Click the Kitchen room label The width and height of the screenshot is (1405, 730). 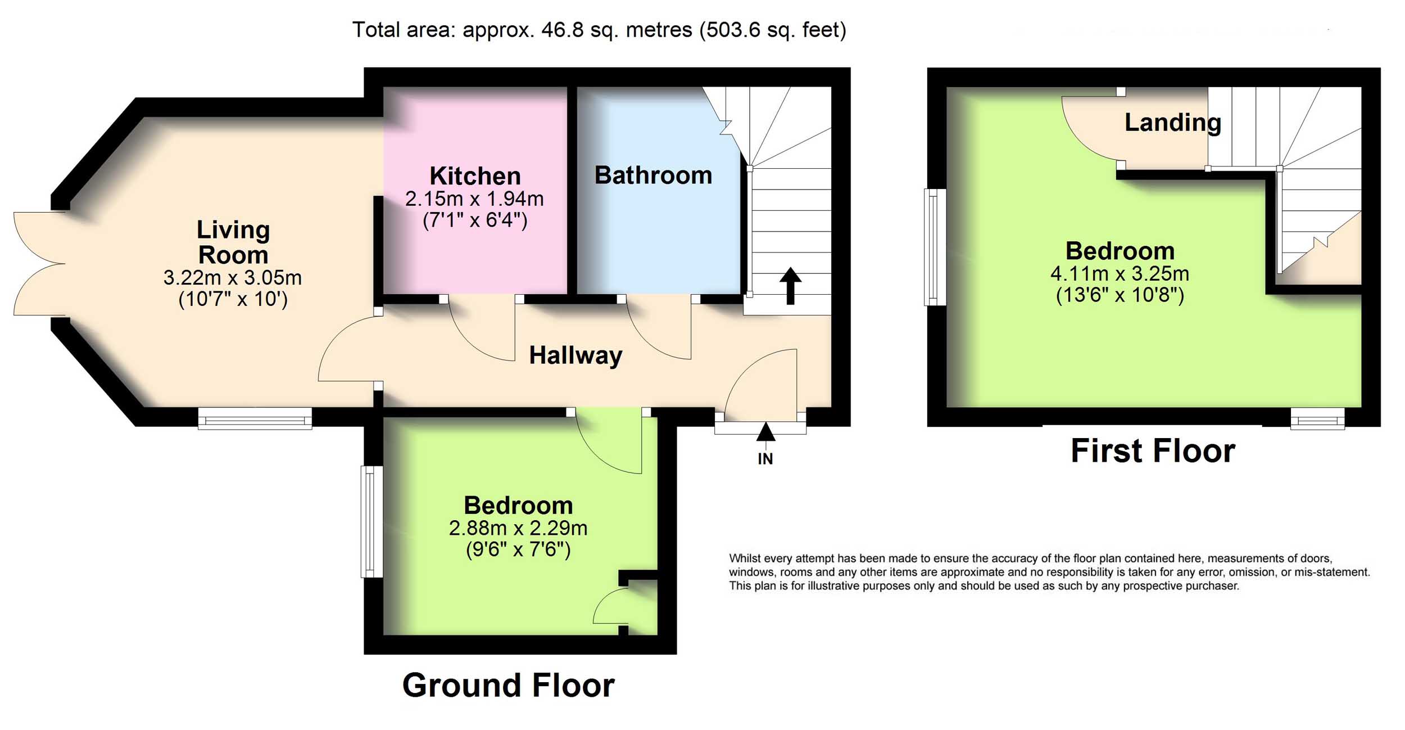coord(475,176)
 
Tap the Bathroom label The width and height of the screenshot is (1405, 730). coord(653,175)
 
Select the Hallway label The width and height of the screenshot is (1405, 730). coord(576,355)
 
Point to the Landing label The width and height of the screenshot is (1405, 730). coord(1173,122)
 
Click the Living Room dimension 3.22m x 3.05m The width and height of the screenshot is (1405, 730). coord(233,277)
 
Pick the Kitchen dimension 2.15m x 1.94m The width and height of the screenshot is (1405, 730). coord(475,199)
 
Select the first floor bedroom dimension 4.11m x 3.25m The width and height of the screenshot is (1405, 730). coord(1120,274)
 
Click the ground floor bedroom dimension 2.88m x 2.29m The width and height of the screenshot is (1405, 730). coord(518,528)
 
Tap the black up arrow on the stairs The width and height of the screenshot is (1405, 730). coord(790,286)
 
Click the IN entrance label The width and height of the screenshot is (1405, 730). coord(765,459)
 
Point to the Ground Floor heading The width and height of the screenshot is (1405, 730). coord(509,686)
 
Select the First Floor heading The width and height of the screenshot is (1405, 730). coord(1153,450)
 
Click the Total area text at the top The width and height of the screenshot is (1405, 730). coord(599,30)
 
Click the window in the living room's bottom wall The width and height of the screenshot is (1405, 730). coord(255,418)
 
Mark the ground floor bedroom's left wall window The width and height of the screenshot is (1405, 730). coord(371,521)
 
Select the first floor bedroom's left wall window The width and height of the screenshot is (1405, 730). coord(935,247)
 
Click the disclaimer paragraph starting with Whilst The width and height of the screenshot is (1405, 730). coord(1049,573)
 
